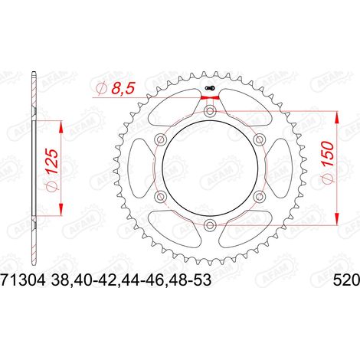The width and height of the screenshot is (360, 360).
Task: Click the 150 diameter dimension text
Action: point(327,162)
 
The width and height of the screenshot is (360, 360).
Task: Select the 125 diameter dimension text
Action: point(53,169)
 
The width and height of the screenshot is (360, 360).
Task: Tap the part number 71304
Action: point(24,280)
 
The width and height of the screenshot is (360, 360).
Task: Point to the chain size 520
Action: point(346,280)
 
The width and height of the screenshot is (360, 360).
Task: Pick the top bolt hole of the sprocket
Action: point(210,111)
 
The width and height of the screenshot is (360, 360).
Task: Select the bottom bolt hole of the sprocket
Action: point(210,225)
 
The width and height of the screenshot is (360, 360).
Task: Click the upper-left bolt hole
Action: point(161,139)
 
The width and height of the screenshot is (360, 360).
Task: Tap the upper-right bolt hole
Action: point(259,139)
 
